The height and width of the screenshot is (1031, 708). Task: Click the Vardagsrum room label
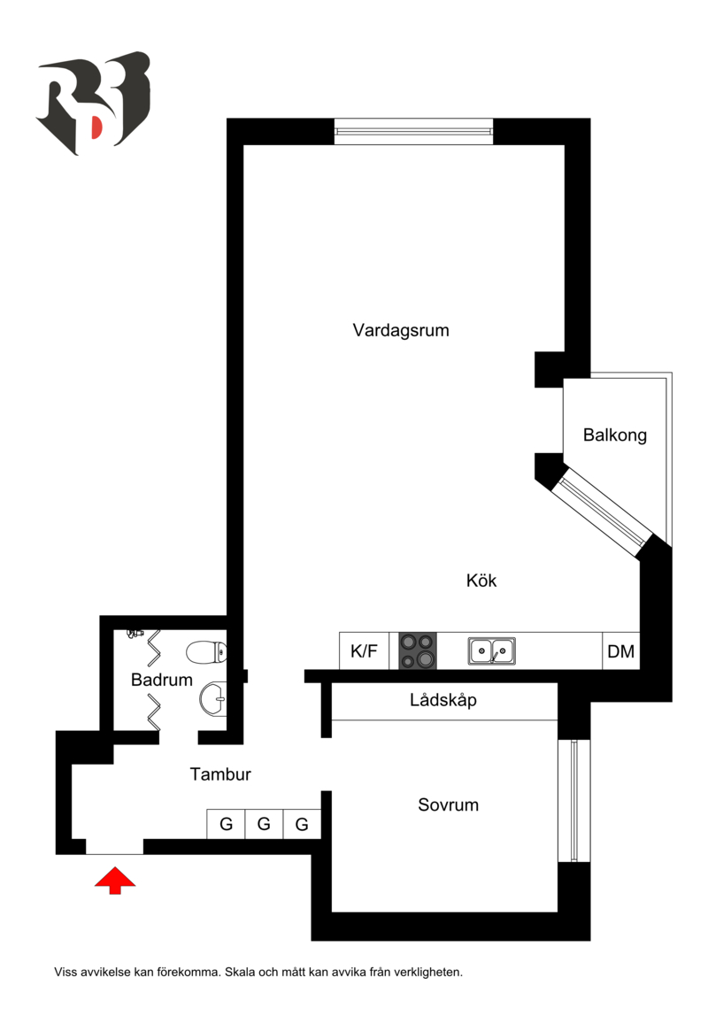pyautogui.click(x=401, y=331)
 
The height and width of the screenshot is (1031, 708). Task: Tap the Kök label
pyautogui.click(x=481, y=581)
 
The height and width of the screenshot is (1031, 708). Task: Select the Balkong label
pyautogui.click(x=614, y=435)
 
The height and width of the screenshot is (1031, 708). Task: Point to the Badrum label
pyautogui.click(x=161, y=681)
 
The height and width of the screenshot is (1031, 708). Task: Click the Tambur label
pyautogui.click(x=220, y=774)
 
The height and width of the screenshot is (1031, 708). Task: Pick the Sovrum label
pyautogui.click(x=448, y=805)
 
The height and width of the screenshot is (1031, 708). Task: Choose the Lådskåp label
pyautogui.click(x=443, y=701)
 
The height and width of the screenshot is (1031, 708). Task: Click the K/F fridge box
pyautogui.click(x=364, y=651)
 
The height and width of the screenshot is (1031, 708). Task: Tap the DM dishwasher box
pyautogui.click(x=620, y=652)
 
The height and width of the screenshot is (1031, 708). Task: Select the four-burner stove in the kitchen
pyautogui.click(x=419, y=650)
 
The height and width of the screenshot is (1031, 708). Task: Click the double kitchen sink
pyautogui.click(x=492, y=651)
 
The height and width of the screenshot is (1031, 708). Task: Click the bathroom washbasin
pyautogui.click(x=213, y=701)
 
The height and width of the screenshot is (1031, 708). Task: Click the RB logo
pyautogui.click(x=93, y=103)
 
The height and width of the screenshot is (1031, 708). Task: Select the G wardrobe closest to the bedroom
pyautogui.click(x=302, y=825)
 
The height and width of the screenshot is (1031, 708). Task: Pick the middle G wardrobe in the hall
pyautogui.click(x=264, y=825)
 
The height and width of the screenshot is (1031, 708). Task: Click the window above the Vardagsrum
pyautogui.click(x=413, y=131)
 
